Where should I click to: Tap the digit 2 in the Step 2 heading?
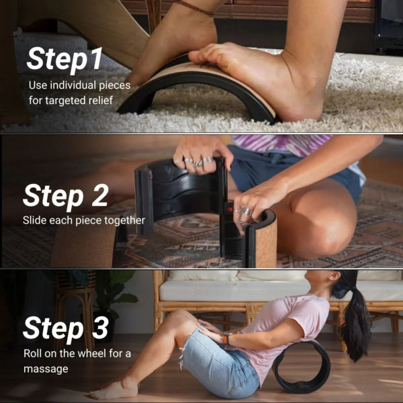pyautogui.click(x=100, y=195)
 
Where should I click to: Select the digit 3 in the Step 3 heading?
pyautogui.click(x=100, y=328)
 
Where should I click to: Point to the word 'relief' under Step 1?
pyautogui.click(x=101, y=100)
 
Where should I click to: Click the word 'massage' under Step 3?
pyautogui.click(x=46, y=369)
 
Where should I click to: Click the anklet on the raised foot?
pyautogui.click(x=195, y=7)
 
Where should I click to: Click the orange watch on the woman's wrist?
pyautogui.click(x=226, y=338)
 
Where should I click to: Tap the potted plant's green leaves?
pyautogui.click(x=113, y=293)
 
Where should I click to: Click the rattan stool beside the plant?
pyautogui.click(x=75, y=308)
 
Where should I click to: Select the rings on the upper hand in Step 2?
pyautogui.click(x=198, y=161)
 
